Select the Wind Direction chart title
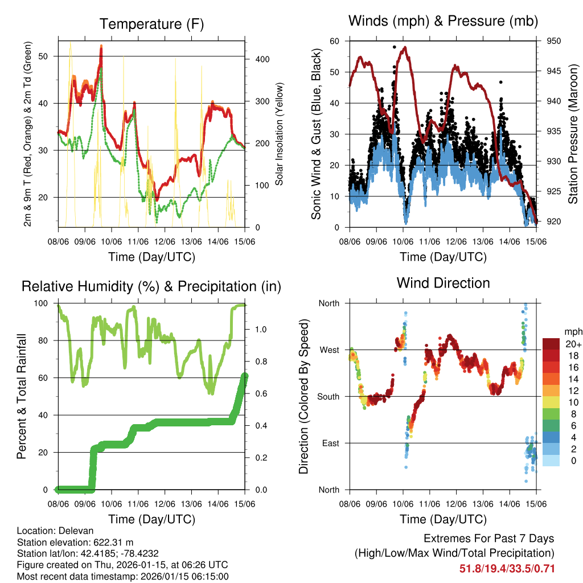pos(443,283)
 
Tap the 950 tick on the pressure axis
pos(555,41)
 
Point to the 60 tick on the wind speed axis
pos(335,41)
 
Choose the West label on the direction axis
pos(329,350)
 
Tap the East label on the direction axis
pos(330,443)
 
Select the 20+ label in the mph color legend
pos(573,344)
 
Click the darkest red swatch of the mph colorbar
pos(552,344)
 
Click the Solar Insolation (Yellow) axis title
pos(280,134)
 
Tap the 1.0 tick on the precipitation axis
pos(261,329)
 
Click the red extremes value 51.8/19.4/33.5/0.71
pos(507,569)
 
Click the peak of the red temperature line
pos(101,48)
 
